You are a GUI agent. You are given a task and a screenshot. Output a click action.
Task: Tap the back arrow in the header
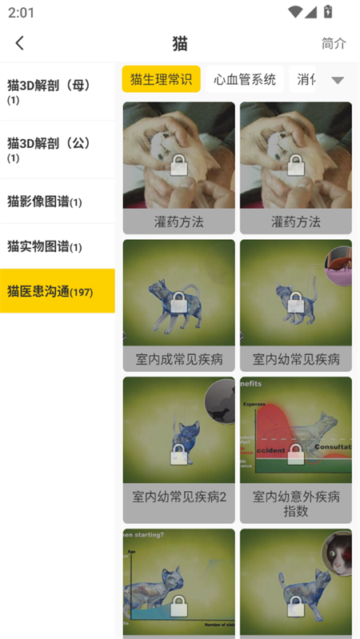[x=20, y=43]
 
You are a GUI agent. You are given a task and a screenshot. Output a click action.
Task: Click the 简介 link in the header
[x=334, y=43]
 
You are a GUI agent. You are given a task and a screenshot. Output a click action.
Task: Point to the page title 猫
[x=180, y=43]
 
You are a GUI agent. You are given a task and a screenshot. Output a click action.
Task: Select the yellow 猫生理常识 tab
[x=161, y=79]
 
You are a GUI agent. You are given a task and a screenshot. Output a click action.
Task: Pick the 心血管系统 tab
[x=245, y=79]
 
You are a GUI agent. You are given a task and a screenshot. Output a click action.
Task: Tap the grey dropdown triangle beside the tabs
[x=338, y=80]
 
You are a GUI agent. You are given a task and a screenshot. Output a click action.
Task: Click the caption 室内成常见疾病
[x=179, y=358]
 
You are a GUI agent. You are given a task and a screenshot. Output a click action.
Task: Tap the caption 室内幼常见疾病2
[x=179, y=496]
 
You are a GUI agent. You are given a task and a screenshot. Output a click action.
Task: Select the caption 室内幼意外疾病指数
[x=296, y=504]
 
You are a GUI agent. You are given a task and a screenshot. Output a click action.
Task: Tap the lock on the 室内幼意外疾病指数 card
[x=296, y=453]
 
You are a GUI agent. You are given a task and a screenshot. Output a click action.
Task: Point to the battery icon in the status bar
[x=328, y=12]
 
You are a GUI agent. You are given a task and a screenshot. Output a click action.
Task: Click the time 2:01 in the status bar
[x=22, y=13]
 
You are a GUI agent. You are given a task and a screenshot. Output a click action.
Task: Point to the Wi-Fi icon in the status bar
[x=296, y=12]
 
